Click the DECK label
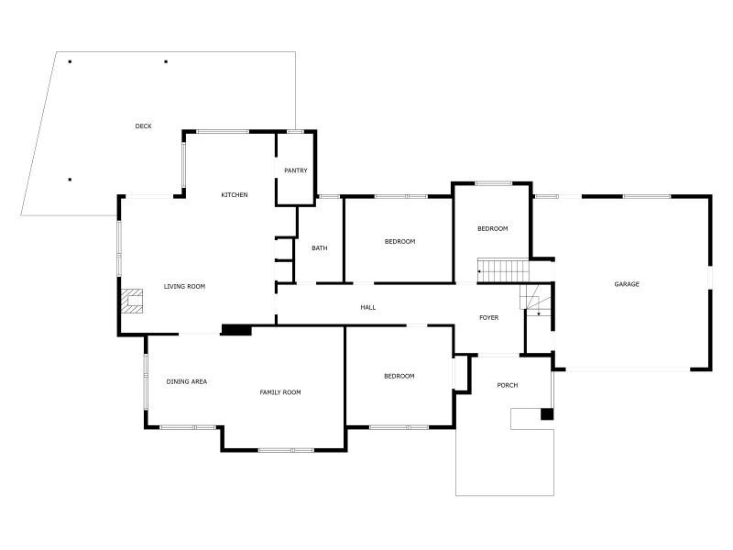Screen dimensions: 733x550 pos(143,126)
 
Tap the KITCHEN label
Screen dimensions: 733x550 pos(235,195)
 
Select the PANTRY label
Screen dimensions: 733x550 pos(296,170)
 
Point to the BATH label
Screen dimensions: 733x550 pos(319,248)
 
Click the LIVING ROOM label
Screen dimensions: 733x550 pos(184,287)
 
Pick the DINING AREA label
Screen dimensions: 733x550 pos(187,382)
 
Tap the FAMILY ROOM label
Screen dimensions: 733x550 pos(280,393)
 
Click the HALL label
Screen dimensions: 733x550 pos(368,308)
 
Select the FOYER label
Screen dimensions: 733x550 pos(489,318)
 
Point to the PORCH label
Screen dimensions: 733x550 pos(508,386)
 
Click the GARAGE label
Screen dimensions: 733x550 pos(627,284)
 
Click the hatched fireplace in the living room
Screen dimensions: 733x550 pos(132,302)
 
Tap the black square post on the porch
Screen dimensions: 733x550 pos(547,414)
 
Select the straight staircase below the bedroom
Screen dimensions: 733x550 pos(503,270)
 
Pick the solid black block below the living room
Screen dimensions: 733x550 pos(236,330)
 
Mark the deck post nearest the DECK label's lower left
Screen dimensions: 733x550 pos(71,180)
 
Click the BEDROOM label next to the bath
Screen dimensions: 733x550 pos(399,242)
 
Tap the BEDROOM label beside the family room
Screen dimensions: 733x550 pos(399,377)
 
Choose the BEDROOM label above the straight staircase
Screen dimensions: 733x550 pos(492,229)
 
